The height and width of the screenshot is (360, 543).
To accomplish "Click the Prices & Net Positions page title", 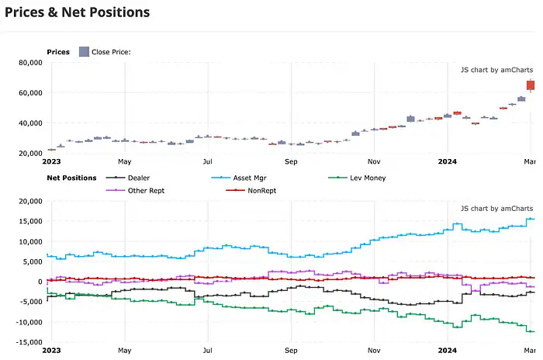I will click(x=77, y=12).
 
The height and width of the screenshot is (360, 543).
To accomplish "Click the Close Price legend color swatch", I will click(x=84, y=52).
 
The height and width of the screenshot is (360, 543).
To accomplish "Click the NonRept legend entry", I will click(x=259, y=190).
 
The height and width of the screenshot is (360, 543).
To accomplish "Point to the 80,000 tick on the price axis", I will click(x=29, y=63).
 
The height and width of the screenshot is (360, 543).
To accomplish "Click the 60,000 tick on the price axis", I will click(x=29, y=93).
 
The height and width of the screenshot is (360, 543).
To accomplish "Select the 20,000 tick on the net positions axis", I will click(x=29, y=202).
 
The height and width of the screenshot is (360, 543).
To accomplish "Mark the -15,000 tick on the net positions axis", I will click(x=28, y=342).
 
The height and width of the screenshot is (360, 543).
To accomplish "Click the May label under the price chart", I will click(x=124, y=162).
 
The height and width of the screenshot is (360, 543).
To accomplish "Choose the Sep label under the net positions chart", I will click(x=291, y=350).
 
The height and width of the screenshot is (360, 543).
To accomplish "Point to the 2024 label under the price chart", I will click(x=447, y=162).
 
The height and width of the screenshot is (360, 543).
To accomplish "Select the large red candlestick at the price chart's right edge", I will click(x=531, y=85).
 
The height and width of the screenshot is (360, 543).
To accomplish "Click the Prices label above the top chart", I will click(x=58, y=52).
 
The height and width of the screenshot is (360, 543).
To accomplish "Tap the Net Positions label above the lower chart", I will click(x=71, y=178).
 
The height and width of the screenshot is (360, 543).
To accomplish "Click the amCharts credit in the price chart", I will click(x=496, y=69).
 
